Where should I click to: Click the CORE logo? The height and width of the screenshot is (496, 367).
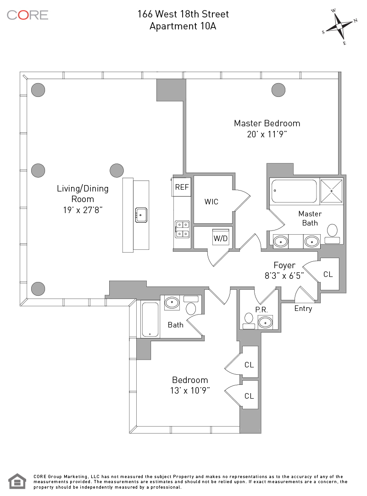click(28, 15)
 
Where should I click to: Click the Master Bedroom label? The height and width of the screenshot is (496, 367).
click(267, 123)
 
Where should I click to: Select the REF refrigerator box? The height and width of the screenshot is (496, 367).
click(182, 187)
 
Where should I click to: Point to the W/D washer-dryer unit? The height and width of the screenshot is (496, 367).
click(221, 238)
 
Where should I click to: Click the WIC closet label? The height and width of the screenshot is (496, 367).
click(211, 202)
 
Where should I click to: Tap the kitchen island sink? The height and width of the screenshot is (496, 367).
click(141, 214)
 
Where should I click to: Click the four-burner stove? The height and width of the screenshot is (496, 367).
click(182, 229)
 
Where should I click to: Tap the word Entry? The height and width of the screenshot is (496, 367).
click(303, 309)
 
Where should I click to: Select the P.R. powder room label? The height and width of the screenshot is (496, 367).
click(261, 310)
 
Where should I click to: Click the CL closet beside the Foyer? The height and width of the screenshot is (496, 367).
click(328, 274)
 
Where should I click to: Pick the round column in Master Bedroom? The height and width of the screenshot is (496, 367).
click(278, 90)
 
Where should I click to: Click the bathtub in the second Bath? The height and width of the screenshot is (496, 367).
click(150, 319)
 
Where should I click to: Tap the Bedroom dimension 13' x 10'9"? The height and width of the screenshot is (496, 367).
click(190, 391)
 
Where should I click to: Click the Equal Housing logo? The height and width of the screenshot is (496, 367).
click(17, 481)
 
